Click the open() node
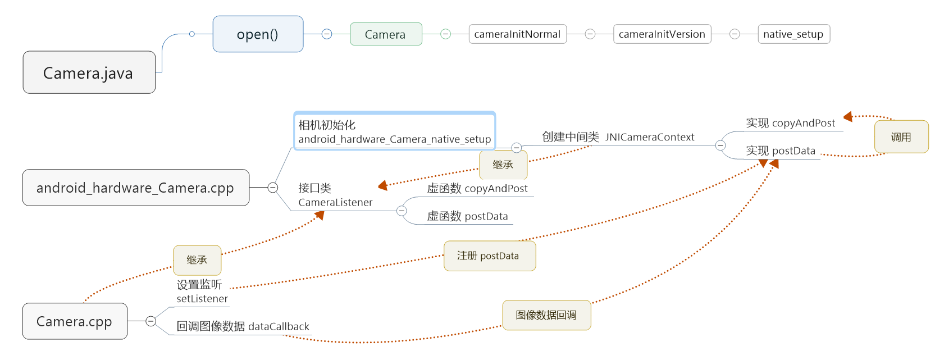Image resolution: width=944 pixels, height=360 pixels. point(258,34)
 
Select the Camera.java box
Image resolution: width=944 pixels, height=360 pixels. point(89,72)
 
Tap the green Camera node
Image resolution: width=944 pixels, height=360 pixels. point(386,34)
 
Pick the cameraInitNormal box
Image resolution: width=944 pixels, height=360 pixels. point(517,34)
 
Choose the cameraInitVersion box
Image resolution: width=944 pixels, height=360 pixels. point(662,34)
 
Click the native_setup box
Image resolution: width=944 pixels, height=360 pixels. point(793,34)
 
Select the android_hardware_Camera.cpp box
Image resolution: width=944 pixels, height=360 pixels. point(135,188)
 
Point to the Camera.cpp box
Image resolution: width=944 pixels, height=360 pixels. point(75,321)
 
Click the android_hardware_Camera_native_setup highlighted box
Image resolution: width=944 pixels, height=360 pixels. point(394,131)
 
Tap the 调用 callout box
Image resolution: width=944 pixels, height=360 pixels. point(901,137)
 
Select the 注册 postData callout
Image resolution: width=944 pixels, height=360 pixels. point(489,256)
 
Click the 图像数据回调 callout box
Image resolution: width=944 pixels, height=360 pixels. point(546,315)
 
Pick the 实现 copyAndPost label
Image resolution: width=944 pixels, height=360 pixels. point(790,123)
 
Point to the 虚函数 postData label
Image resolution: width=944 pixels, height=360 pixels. point(467,216)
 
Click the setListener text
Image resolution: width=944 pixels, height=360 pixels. point(202,299)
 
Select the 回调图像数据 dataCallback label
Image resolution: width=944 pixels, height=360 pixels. point(243,326)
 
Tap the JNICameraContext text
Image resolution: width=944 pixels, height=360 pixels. point(650,137)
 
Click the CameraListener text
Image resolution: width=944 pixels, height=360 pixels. point(335,202)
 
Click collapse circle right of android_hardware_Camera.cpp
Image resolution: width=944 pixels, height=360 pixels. point(273,188)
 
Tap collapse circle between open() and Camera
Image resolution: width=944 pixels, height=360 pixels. point(327,34)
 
